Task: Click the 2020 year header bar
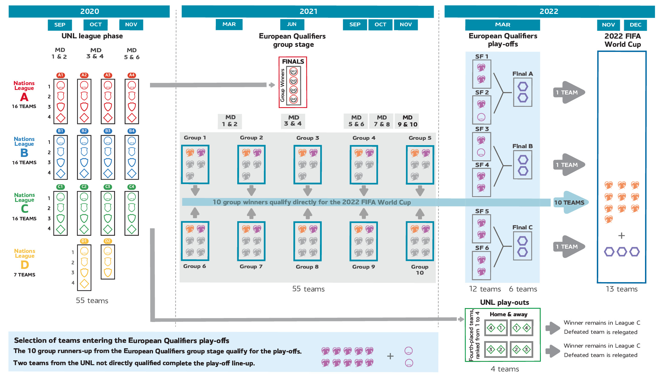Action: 89,11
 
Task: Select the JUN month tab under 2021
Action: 292,24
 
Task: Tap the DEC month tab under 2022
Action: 635,25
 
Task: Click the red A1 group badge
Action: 60,75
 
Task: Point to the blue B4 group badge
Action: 132,131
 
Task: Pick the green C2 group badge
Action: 84,186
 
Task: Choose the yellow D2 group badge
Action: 108,241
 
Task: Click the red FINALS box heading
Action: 293,62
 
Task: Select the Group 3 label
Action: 308,138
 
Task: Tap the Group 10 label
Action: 420,269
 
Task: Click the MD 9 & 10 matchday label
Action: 407,121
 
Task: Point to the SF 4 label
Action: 482,165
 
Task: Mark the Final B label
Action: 522,146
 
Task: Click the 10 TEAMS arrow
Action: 569,202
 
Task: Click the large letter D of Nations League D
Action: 25,265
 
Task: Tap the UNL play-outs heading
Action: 504,302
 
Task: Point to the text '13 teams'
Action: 621,289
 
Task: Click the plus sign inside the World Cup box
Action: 621,235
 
